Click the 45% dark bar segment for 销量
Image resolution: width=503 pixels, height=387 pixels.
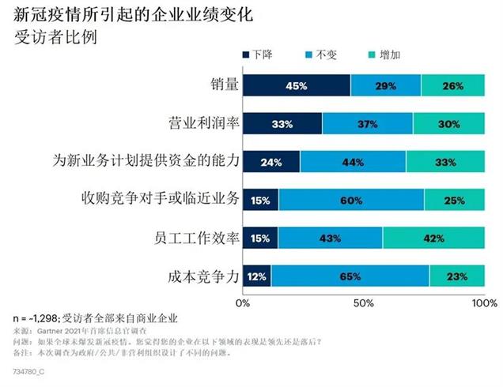click(x=297, y=85)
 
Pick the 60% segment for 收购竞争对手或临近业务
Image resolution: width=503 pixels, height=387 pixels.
click(x=350, y=200)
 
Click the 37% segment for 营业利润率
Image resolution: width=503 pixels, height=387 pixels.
click(x=367, y=123)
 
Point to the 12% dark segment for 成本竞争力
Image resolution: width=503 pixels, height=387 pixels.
click(x=257, y=276)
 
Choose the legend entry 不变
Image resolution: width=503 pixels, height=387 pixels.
click(x=320, y=55)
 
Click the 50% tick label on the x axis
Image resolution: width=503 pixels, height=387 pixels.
click(x=364, y=302)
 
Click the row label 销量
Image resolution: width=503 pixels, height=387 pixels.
click(x=220, y=85)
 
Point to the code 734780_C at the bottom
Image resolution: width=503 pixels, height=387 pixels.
click(x=31, y=370)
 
